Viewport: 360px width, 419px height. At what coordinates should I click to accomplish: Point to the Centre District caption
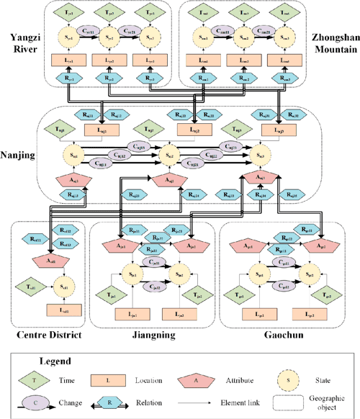point(47,335)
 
